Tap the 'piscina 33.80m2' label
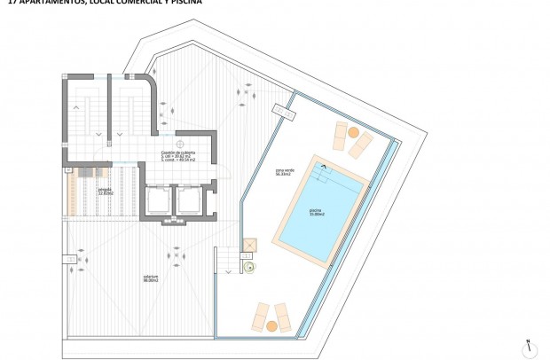(x=317, y=213)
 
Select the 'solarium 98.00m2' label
(x=151, y=278)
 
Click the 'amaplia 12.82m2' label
(x=105, y=191)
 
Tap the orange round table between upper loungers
(x=354, y=133)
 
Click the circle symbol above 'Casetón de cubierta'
(x=180, y=143)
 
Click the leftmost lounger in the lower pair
(x=261, y=316)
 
